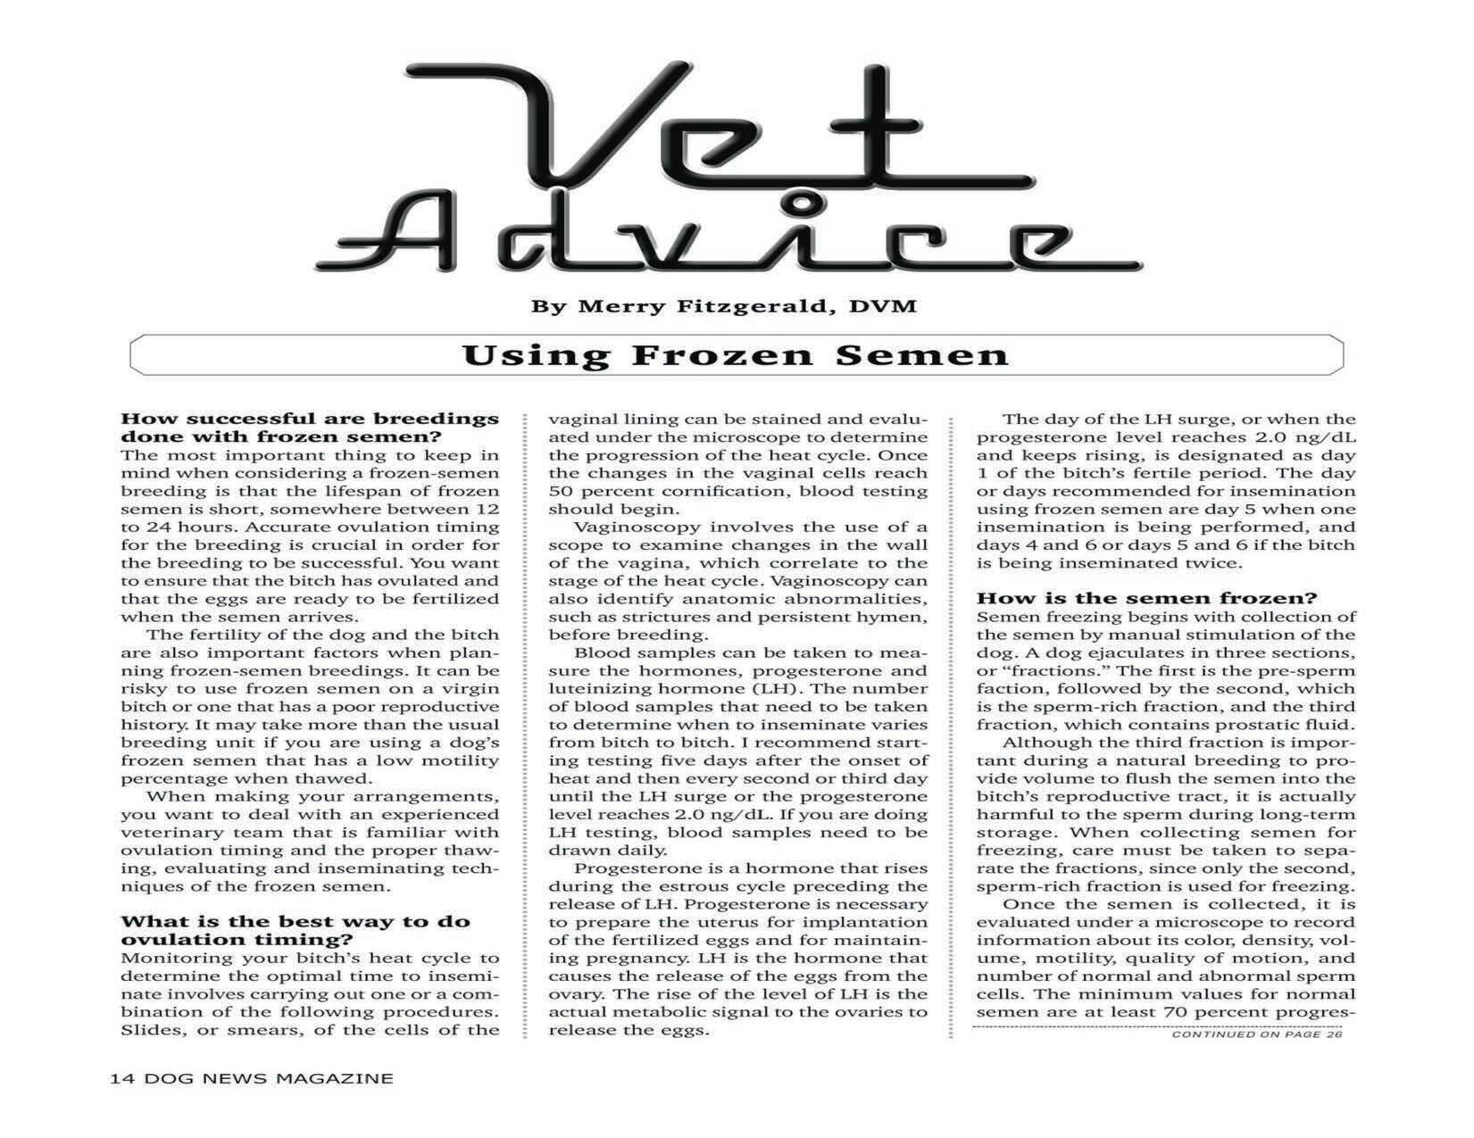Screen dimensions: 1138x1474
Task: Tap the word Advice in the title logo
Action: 728,239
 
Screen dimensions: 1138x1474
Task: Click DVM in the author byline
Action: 883,307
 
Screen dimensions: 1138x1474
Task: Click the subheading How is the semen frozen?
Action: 1146,598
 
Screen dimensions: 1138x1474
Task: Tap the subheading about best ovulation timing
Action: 295,931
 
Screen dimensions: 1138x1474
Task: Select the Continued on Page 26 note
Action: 1256,1034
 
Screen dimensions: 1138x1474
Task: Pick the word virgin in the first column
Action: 471,688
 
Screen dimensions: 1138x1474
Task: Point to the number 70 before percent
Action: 1173,1012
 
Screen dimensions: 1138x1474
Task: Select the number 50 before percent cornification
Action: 560,491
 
